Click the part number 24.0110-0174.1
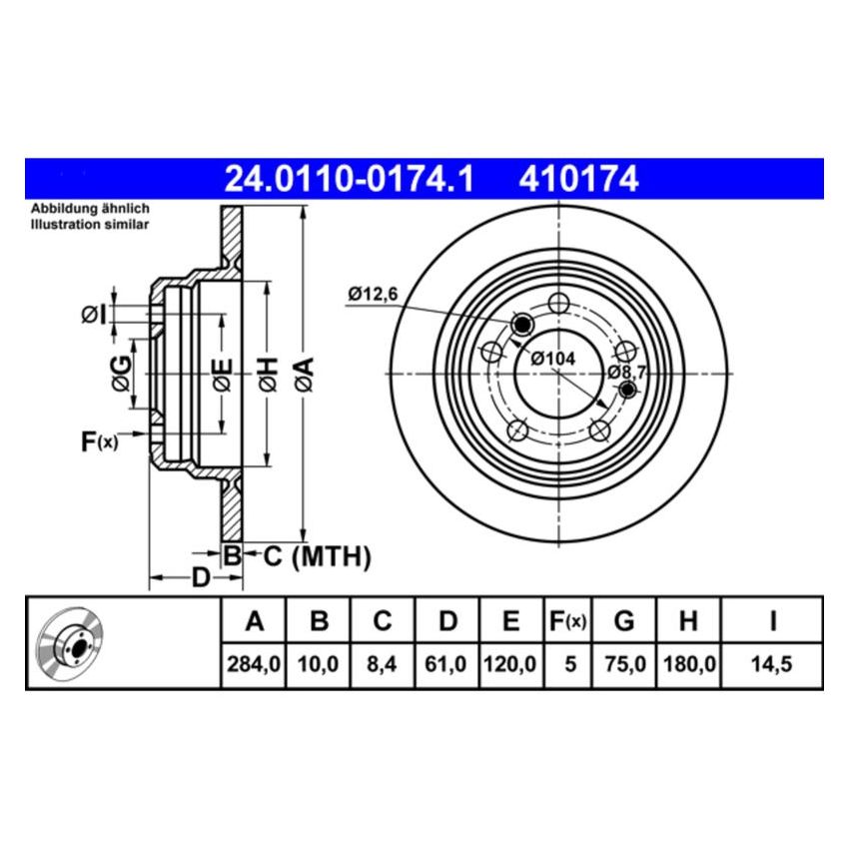348,179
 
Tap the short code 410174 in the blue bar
577,179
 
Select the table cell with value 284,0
254,663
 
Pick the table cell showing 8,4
383,663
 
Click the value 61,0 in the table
447,663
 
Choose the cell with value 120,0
510,663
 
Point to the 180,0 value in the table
688,663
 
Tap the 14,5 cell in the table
772,663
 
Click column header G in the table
624,621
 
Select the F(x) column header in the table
569,621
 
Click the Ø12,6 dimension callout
374,294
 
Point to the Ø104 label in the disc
551,358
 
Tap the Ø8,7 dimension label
629,372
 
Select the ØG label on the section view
119,372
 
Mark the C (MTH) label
317,556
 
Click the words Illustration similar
90,225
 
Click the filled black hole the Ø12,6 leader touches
521,325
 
